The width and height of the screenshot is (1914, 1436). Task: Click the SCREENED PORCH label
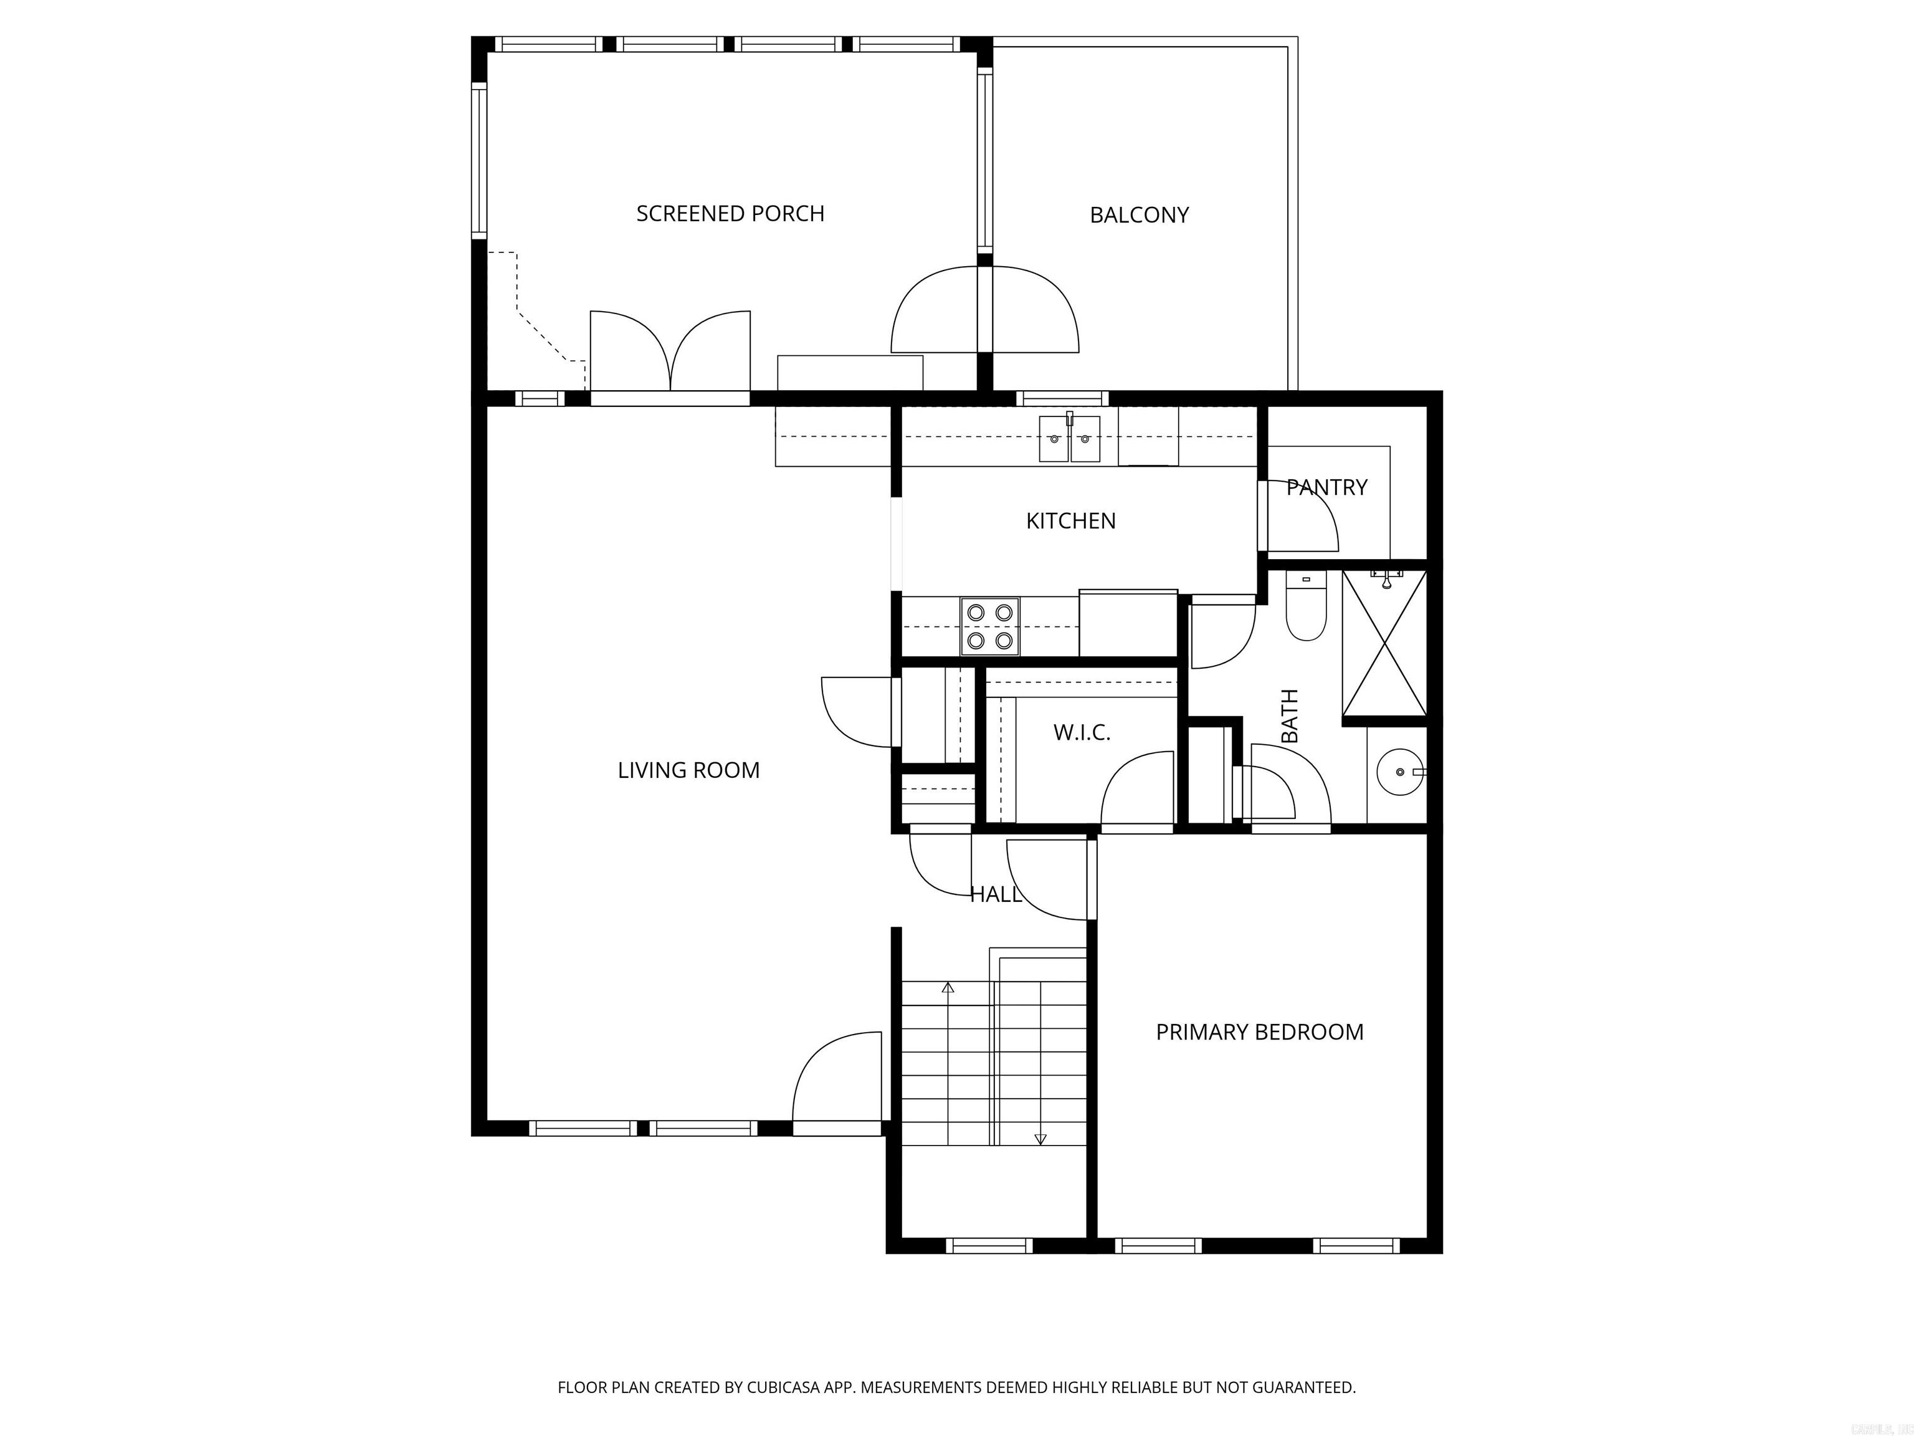[x=730, y=214]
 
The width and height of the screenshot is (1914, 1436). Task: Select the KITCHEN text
[x=1070, y=521]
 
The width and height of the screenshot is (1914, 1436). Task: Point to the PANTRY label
[x=1326, y=487]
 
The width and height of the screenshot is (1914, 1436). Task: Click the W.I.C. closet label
[x=1082, y=733]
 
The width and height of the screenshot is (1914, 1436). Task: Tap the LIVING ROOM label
[x=688, y=770]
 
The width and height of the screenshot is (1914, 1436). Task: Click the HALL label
[x=995, y=895]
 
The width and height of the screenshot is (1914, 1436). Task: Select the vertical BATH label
[x=1289, y=716]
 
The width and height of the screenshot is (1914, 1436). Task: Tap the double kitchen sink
[x=1070, y=439]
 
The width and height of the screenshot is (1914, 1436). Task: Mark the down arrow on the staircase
[x=1040, y=1139]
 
